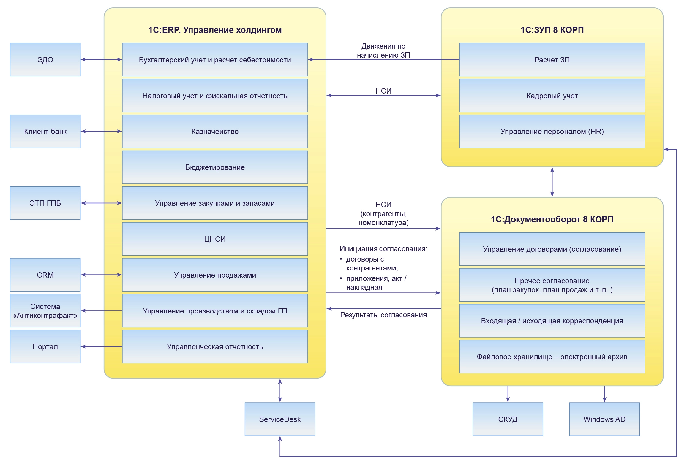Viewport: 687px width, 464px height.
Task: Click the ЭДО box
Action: (45, 60)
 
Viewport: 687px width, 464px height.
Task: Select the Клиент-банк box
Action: (45, 131)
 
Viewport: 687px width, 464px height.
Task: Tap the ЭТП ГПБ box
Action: (45, 203)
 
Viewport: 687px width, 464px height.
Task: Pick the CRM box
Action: (45, 275)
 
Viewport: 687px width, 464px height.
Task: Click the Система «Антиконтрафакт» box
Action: (45, 311)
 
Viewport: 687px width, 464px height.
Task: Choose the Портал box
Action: (45, 346)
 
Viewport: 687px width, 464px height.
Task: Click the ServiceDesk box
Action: (280, 419)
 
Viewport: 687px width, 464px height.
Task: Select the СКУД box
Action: (508, 419)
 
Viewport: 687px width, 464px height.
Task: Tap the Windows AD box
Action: (604, 419)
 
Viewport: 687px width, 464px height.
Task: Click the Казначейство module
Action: (215, 131)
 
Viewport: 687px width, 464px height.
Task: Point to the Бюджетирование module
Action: (215, 167)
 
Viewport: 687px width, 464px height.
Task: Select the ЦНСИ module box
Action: (215, 239)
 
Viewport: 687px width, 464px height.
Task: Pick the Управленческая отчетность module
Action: (215, 346)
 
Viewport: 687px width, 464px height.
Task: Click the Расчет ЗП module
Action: (552, 60)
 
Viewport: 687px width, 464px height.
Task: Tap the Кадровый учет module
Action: (552, 96)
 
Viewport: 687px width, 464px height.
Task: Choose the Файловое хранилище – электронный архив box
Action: (552, 357)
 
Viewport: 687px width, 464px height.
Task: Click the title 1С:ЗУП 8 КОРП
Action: (552, 30)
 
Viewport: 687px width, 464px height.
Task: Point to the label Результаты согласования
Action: (383, 315)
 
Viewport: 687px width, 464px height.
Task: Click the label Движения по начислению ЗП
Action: (383, 51)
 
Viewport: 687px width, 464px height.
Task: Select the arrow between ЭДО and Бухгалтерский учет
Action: (101, 60)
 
